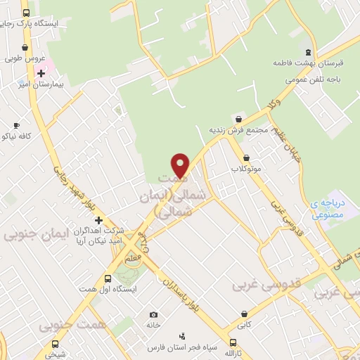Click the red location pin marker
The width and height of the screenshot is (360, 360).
tap(181, 165)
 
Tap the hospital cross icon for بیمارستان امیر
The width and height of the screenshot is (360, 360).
tap(41, 73)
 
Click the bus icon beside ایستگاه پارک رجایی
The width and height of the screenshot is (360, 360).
tap(26, 13)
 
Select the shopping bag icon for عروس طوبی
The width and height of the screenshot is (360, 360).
tap(25, 48)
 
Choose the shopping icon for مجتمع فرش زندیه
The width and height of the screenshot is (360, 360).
tap(241, 120)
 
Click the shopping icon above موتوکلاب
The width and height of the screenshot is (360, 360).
tap(246, 158)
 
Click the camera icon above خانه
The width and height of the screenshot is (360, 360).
tap(153, 314)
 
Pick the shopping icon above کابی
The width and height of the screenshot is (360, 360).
tap(244, 314)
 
